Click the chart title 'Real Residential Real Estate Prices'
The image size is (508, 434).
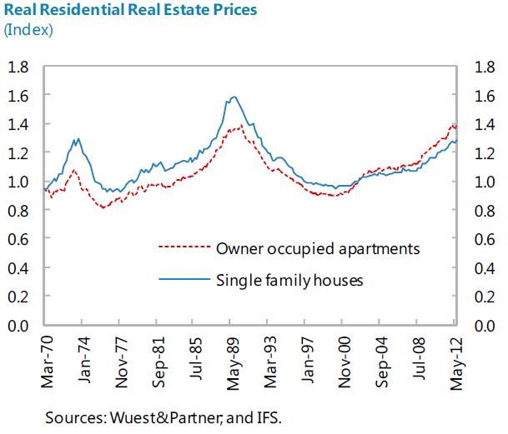pos(129,11)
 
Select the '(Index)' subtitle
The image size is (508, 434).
pos(29,31)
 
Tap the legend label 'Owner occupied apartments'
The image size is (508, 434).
pos(317,247)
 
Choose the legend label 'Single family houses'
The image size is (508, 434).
pos(289,280)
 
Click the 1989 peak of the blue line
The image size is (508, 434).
pos(234,97)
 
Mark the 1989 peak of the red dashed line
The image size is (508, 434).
pos(240,126)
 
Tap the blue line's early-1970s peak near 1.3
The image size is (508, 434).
pos(78,139)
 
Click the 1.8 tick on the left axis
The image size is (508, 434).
pos(19,67)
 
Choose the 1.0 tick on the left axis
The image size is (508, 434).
pos(19,182)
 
